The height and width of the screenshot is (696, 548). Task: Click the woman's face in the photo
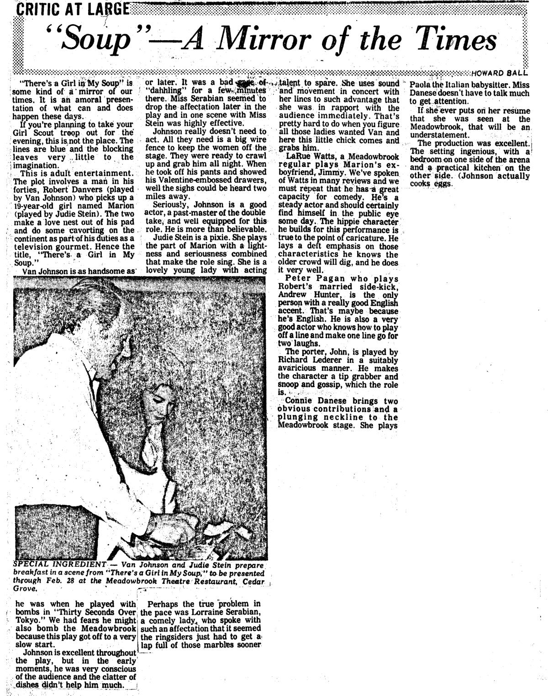coord(158,399)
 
